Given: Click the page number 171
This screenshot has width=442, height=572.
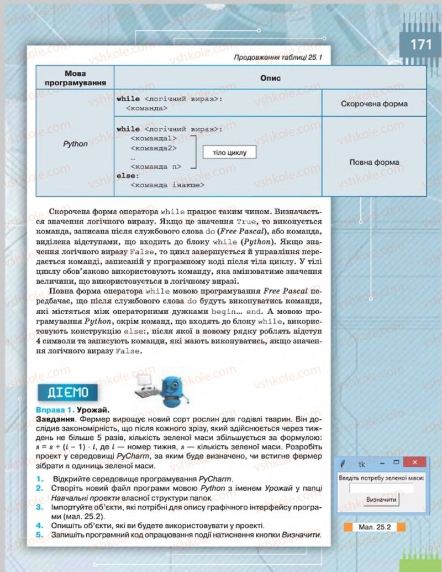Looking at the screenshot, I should (x=420, y=44).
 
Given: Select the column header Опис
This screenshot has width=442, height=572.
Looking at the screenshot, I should (x=270, y=78).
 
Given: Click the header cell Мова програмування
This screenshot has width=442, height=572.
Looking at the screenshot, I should (x=75, y=78).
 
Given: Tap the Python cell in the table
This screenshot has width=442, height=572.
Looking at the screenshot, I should (x=75, y=144).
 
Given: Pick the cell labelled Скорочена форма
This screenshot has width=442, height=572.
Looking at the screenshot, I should (x=374, y=103).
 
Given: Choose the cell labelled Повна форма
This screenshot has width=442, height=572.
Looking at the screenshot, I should (x=374, y=162).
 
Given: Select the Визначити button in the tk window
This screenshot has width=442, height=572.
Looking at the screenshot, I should (x=381, y=499).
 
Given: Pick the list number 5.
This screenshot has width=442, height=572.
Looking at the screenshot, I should (x=39, y=535).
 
